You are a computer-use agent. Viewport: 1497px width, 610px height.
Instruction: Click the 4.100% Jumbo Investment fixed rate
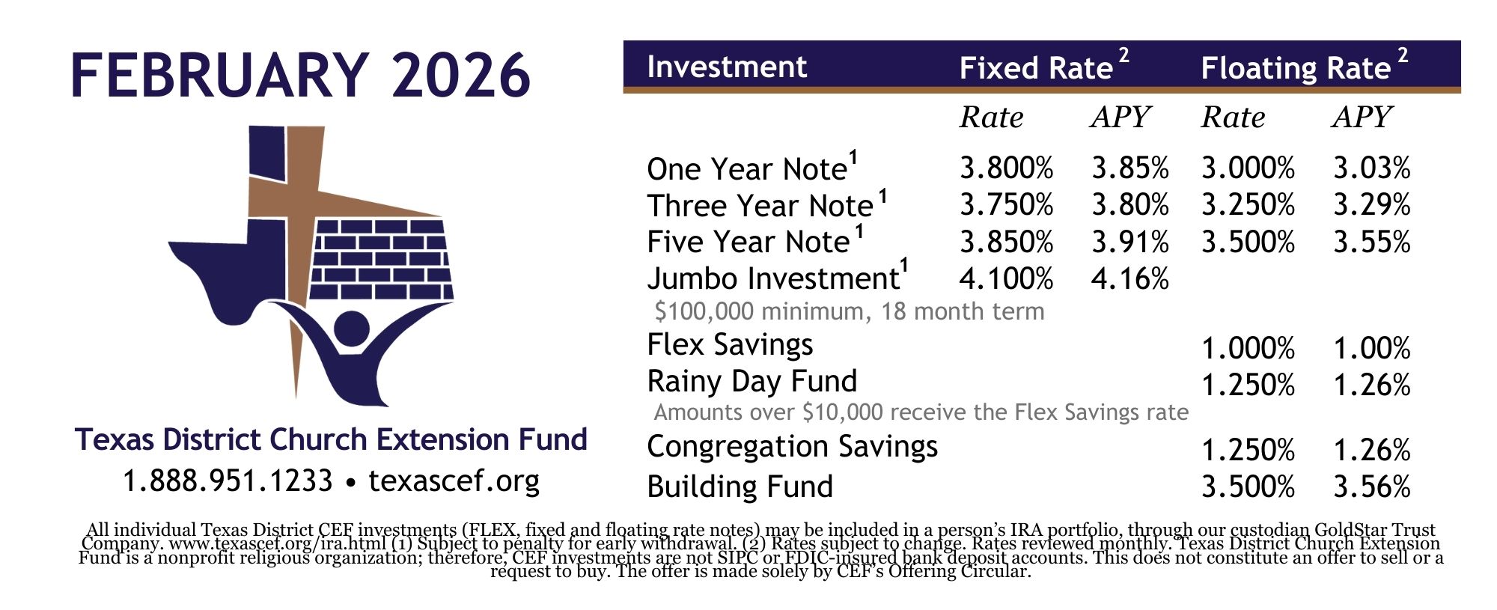[1006, 279]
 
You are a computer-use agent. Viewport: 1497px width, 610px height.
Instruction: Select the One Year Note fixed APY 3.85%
[1130, 168]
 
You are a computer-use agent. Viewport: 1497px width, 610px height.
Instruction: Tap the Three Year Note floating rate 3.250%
[1248, 205]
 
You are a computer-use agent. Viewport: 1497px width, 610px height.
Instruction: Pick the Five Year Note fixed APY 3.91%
[1130, 243]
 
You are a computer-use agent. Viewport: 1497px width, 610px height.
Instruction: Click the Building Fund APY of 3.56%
[1372, 487]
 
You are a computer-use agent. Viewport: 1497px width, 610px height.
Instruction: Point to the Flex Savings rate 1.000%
[1248, 349]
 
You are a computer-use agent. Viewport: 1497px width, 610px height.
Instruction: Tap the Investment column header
[727, 67]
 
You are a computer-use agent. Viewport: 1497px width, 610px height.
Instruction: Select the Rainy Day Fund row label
[751, 382]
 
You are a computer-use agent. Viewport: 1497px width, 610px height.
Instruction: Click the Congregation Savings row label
[792, 447]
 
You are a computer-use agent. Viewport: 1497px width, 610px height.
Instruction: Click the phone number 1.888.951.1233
[228, 481]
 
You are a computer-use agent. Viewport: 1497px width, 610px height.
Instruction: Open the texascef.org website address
[454, 481]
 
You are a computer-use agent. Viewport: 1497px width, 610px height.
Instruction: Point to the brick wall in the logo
[382, 259]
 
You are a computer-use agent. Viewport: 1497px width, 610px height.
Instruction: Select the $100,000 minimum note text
[850, 311]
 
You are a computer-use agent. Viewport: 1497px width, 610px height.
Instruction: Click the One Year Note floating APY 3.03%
[1372, 168]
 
